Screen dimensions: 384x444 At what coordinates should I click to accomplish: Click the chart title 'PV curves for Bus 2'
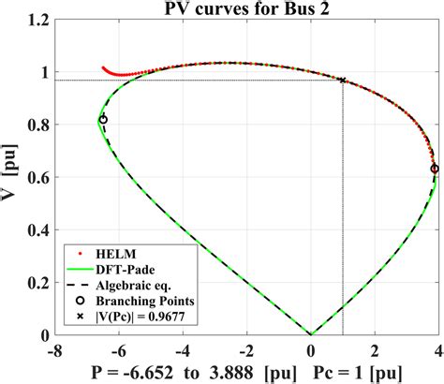247,10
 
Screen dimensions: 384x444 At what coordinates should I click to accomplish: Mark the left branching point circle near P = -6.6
102,120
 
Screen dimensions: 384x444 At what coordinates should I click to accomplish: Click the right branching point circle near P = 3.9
435,170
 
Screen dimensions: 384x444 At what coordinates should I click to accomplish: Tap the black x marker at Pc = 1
343,81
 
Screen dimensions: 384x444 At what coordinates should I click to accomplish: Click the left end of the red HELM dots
104,67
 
